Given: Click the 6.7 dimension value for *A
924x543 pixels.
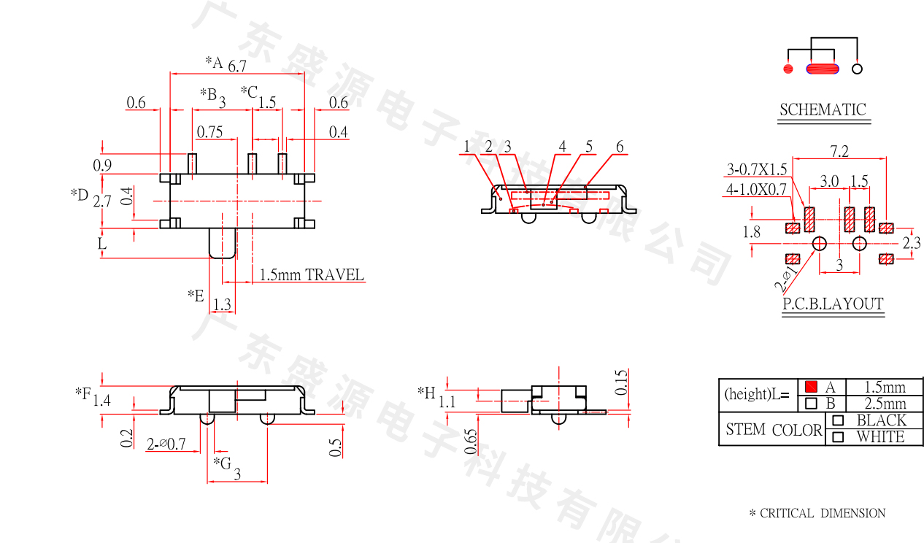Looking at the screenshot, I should (237, 66).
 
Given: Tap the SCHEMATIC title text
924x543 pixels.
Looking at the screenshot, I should (823, 110).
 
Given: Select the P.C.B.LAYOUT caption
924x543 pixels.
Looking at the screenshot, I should (833, 304).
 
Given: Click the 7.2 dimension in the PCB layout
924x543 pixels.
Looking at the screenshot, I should (839, 151).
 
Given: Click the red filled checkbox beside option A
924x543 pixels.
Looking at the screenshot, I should (811, 387).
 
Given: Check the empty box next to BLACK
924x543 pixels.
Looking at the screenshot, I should (838, 420).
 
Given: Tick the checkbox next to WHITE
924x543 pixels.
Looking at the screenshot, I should (838, 437).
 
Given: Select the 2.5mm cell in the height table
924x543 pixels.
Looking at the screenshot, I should (885, 404).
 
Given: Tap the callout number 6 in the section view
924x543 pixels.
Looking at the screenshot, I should (620, 147).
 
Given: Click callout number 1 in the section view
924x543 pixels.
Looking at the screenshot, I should (466, 147).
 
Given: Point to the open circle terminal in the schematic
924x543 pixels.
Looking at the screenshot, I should (858, 69).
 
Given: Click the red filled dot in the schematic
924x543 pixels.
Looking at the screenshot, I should (788, 69).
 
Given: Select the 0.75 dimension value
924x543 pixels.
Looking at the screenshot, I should (209, 132).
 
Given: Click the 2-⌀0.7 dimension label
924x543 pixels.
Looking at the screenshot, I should (166, 444).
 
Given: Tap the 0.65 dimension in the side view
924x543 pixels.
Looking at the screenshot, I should (471, 441).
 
